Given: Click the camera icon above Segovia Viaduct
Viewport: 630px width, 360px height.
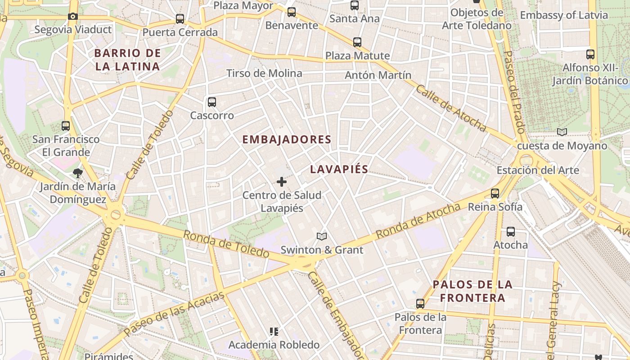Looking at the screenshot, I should coord(73,17).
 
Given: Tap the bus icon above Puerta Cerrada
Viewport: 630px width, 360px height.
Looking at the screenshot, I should coord(180,19).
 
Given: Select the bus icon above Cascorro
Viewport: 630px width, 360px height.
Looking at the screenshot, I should coord(212,102).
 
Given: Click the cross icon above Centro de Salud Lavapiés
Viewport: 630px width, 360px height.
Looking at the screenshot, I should coord(282,182).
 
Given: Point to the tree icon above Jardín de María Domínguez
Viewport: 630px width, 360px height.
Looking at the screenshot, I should coord(78,173).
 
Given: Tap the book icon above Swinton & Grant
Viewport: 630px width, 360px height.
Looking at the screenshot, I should coord(322,236).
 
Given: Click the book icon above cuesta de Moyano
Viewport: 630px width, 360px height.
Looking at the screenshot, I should coord(562,132).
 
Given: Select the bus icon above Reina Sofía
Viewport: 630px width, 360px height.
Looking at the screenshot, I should coord(495,193).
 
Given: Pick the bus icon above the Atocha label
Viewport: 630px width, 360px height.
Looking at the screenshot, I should coord(511,232).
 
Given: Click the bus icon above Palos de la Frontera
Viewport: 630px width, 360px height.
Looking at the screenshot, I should coord(420,304).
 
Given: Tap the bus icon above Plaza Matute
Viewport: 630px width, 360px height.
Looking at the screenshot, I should coord(357,42).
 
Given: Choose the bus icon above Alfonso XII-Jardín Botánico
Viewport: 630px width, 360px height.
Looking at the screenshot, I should coord(590,54).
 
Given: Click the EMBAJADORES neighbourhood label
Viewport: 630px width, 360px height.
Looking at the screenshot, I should coord(287,139).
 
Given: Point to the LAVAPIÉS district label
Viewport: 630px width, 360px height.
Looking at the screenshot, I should coord(339,169).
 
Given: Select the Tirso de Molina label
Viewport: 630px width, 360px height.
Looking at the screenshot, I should coord(264,73).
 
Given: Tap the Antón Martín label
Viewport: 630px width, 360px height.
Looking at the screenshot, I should coord(378,75).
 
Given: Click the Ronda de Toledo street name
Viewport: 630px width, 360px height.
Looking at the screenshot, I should coord(226,243).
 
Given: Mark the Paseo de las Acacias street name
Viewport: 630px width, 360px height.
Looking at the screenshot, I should coord(174,314).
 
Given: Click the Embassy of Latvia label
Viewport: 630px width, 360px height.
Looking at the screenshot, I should coord(564,15).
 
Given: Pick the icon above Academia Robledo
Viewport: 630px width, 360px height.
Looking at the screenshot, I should coord(274,332).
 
